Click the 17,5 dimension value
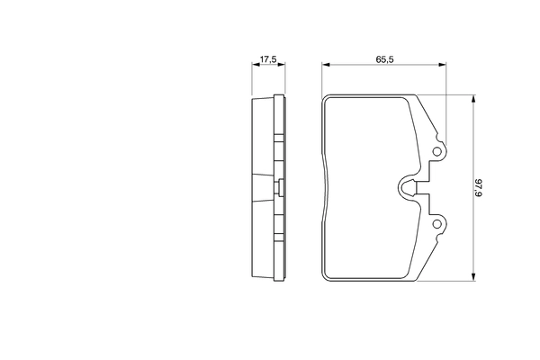[268, 59]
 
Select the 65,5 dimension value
[384, 59]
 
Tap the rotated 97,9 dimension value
[479, 188]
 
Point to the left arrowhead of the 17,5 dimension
[256, 65]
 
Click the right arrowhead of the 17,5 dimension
[282, 65]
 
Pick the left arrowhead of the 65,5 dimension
[326, 65]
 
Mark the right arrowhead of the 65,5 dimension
[442, 65]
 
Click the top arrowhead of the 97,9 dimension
[474, 99]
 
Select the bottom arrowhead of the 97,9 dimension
[474, 277]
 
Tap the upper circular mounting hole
[436, 151]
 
